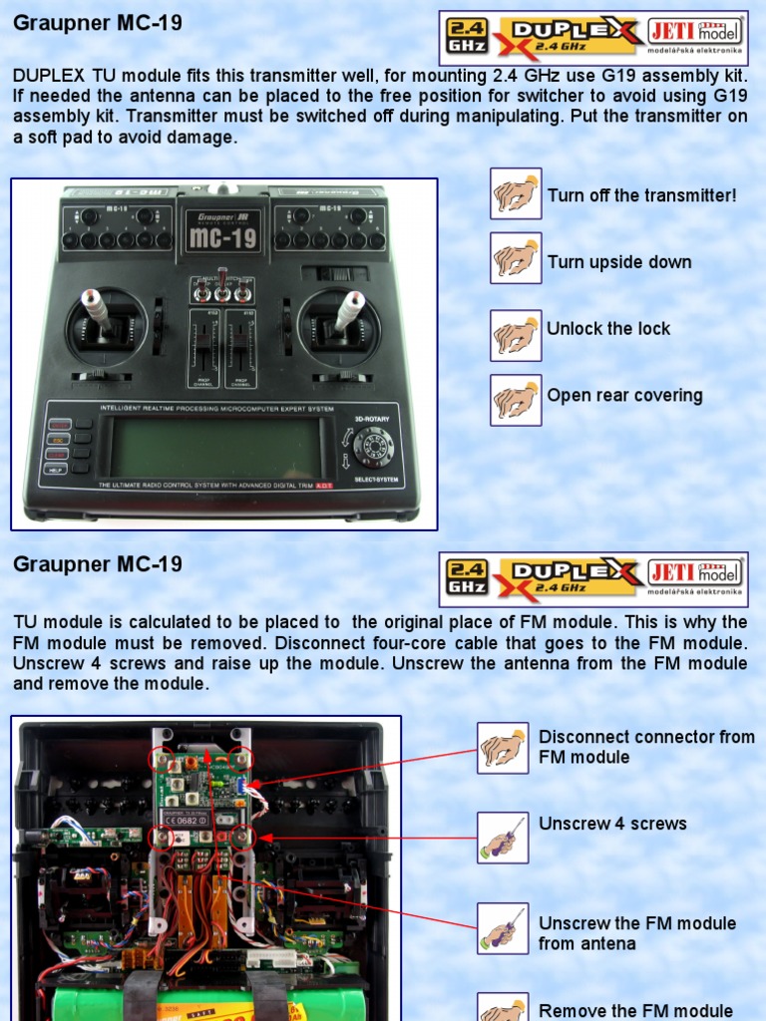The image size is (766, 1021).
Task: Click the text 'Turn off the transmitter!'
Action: [641, 195]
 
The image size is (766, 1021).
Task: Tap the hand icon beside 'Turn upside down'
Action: [516, 258]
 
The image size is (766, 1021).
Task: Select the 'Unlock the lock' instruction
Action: [608, 328]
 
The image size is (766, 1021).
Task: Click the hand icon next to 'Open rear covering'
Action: [516, 400]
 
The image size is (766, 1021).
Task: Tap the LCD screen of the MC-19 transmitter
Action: [215, 448]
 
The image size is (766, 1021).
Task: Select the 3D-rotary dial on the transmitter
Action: [373, 447]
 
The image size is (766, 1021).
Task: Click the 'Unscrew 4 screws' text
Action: [612, 824]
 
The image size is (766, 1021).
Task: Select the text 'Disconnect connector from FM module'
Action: [646, 747]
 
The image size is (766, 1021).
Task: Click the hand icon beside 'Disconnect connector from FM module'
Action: [503, 748]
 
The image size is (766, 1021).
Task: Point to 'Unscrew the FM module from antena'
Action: [637, 933]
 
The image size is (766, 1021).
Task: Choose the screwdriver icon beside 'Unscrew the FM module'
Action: [503, 928]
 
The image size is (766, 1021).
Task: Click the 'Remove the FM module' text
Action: [635, 1010]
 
